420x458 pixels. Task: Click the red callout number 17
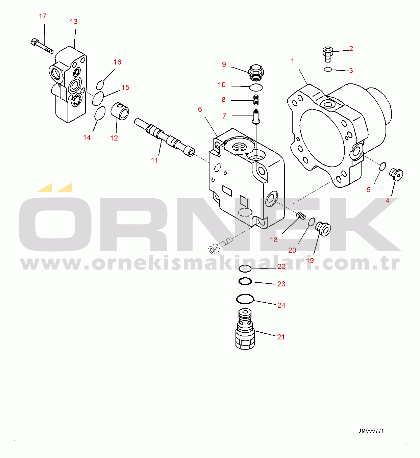(43, 16)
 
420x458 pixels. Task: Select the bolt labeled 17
(42, 46)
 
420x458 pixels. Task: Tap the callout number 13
(74, 22)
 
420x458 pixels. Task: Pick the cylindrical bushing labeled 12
(120, 111)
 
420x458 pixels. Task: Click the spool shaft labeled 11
(164, 137)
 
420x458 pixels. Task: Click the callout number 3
(351, 71)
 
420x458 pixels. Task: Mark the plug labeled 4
(396, 175)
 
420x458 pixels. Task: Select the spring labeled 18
(301, 216)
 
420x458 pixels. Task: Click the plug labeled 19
(323, 229)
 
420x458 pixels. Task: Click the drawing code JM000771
(371, 431)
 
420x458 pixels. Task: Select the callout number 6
(200, 109)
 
